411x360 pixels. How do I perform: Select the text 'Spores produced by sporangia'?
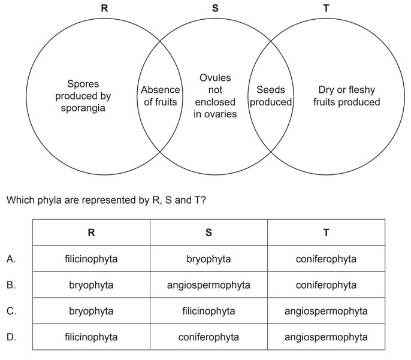click(x=83, y=96)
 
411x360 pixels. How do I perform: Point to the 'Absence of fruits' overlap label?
click(x=161, y=96)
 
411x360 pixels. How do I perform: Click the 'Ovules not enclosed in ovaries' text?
click(x=215, y=96)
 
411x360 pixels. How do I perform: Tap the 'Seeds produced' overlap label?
click(x=270, y=96)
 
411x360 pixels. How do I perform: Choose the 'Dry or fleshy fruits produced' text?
click(x=346, y=96)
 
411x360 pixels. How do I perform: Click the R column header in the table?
click(x=91, y=232)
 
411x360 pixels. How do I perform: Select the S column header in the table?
click(x=208, y=232)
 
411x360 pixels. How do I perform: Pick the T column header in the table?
click(x=326, y=232)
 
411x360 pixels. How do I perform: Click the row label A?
click(x=11, y=259)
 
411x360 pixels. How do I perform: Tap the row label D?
click(x=11, y=337)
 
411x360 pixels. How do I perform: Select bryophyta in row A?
click(x=208, y=259)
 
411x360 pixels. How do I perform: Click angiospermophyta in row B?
click(x=208, y=285)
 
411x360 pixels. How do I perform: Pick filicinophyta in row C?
click(x=208, y=311)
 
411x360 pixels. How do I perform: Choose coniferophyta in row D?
click(x=208, y=337)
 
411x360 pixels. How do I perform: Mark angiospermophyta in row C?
click(x=326, y=311)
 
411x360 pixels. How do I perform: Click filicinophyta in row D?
click(x=91, y=337)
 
